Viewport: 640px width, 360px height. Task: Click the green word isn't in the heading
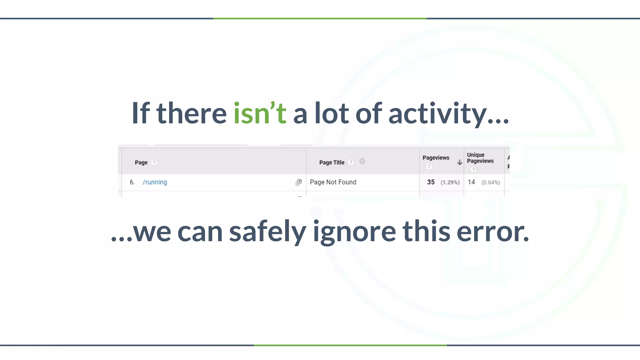[260, 113]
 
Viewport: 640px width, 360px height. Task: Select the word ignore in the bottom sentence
[354, 232]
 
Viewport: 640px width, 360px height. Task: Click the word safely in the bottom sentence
[267, 232]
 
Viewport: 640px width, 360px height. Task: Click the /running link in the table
[155, 182]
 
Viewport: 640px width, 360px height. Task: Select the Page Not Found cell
[333, 182]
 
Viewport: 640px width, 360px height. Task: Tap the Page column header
[141, 162]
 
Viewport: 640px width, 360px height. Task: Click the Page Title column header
[332, 162]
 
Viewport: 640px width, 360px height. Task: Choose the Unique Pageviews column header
[480, 158]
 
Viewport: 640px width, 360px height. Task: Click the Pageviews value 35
[431, 182]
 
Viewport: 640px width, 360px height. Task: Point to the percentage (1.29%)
[450, 182]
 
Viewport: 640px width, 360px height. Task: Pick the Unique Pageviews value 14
[471, 182]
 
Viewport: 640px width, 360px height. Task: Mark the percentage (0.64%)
[491, 182]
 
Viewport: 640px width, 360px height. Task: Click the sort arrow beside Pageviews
[459, 162]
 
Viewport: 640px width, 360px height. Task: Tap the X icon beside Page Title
[362, 161]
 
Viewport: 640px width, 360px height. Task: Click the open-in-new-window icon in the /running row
[299, 182]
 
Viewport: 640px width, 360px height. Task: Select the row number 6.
[132, 182]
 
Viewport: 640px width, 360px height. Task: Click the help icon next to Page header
[154, 162]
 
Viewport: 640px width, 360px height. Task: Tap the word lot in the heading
[331, 113]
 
